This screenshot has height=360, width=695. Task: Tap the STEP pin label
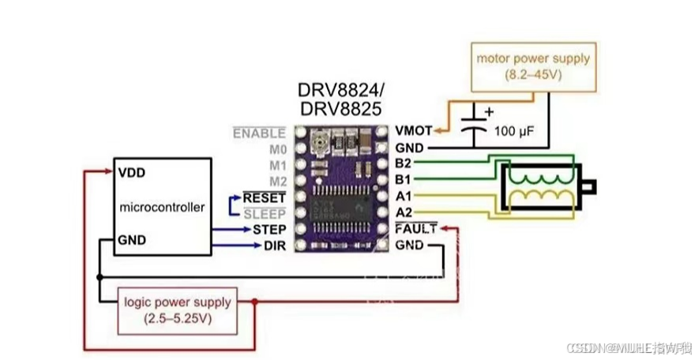pyautogui.click(x=269, y=229)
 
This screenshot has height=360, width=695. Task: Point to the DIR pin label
pyautogui.click(x=274, y=246)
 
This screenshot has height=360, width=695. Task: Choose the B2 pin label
pyautogui.click(x=403, y=164)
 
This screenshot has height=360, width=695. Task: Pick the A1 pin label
pyautogui.click(x=403, y=197)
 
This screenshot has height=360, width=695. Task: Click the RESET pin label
pyautogui.click(x=264, y=197)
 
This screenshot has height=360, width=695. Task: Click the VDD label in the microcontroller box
pyautogui.click(x=131, y=171)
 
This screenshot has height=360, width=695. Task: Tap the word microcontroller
pyautogui.click(x=162, y=207)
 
